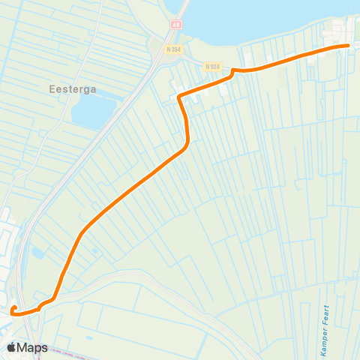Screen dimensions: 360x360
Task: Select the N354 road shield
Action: point(174,50)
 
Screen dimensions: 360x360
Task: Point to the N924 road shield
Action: point(211,66)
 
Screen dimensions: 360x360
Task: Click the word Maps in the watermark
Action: point(34,347)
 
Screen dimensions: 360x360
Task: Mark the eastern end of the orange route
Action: point(349,46)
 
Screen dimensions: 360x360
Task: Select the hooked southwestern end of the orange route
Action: point(14,308)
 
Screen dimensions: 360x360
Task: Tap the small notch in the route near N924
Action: point(234,71)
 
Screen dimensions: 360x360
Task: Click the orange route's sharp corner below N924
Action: point(178,97)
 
